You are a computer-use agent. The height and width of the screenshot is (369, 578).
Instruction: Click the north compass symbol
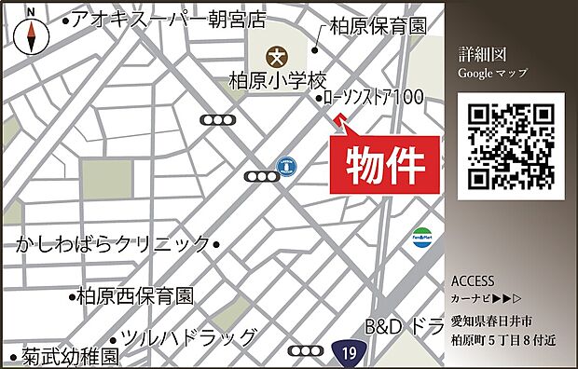tap(33, 33)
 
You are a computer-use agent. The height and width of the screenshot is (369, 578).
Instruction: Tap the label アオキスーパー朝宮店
tap(168, 20)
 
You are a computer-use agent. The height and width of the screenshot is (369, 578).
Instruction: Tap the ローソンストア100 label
tap(374, 97)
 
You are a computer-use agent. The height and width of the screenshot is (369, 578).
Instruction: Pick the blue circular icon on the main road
tap(288, 166)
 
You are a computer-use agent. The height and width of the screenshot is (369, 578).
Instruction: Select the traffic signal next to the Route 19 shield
tap(305, 351)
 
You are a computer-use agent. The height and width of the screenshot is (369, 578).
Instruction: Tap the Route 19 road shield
tap(347, 352)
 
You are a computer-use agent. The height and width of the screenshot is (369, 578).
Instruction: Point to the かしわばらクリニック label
tap(114, 244)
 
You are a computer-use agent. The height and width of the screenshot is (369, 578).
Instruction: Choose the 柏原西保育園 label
tap(135, 296)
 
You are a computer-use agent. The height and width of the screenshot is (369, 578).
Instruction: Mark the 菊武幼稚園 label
tap(72, 357)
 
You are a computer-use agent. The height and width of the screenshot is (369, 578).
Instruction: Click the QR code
tap(510, 146)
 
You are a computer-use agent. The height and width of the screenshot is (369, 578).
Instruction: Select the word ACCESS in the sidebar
tap(473, 280)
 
